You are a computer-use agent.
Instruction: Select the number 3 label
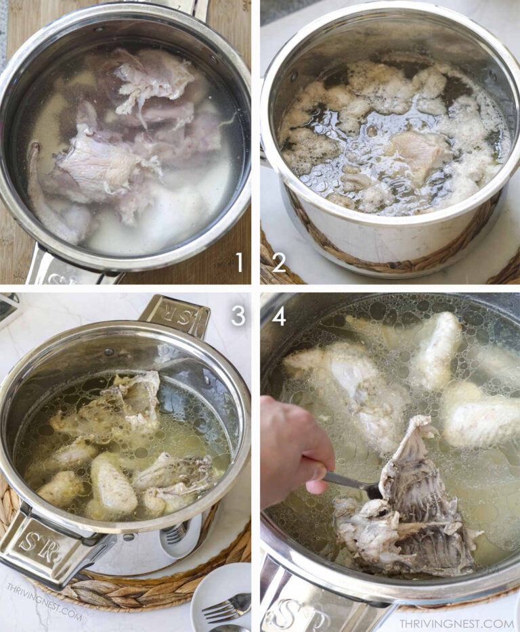[x=238, y=315]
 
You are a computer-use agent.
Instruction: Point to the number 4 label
[x=278, y=315]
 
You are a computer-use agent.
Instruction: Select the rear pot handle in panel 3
[x=174, y=314]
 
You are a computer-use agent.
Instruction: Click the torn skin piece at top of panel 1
[x=152, y=78]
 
